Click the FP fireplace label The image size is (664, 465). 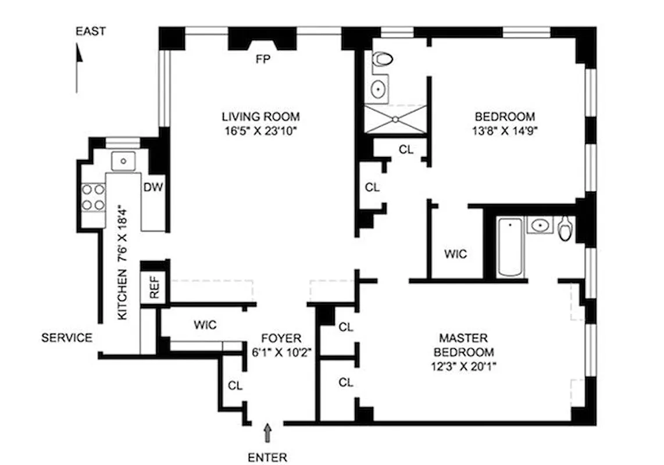[263, 59]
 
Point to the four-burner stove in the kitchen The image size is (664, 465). [93, 197]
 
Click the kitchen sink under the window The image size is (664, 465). [123, 160]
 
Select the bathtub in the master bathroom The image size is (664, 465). [511, 246]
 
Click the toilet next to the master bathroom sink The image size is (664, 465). [565, 229]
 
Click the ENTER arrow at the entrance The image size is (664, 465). [268, 433]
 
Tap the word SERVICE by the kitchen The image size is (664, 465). [67, 337]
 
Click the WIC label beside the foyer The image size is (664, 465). [205, 325]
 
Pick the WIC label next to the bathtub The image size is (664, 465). [455, 254]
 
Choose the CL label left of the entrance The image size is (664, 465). [235, 385]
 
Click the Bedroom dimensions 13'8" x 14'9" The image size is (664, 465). [505, 130]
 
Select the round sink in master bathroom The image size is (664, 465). [541, 224]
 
